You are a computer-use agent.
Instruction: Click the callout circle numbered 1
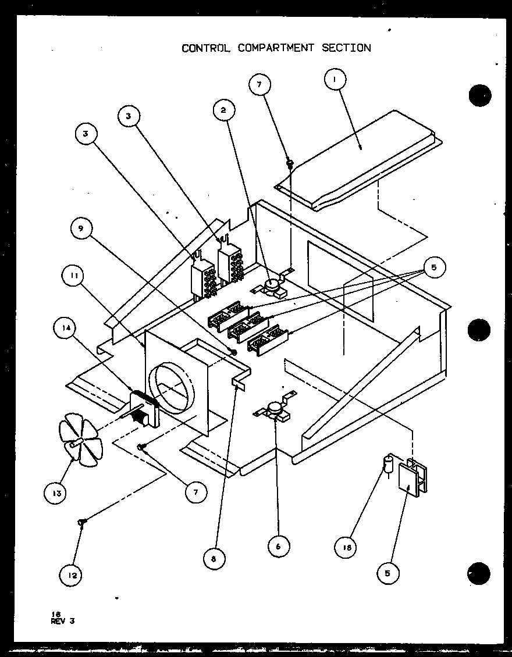tap(336, 80)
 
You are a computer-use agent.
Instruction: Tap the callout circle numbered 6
tap(279, 545)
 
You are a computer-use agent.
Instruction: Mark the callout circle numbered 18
tap(346, 547)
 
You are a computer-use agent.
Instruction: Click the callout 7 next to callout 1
tap(259, 84)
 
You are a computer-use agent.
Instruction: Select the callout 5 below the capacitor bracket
tap(388, 573)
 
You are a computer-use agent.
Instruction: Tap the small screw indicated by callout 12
tap(83, 523)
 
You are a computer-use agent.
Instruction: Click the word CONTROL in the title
tap(207, 48)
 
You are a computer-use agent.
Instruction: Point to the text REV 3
tap(63, 620)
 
